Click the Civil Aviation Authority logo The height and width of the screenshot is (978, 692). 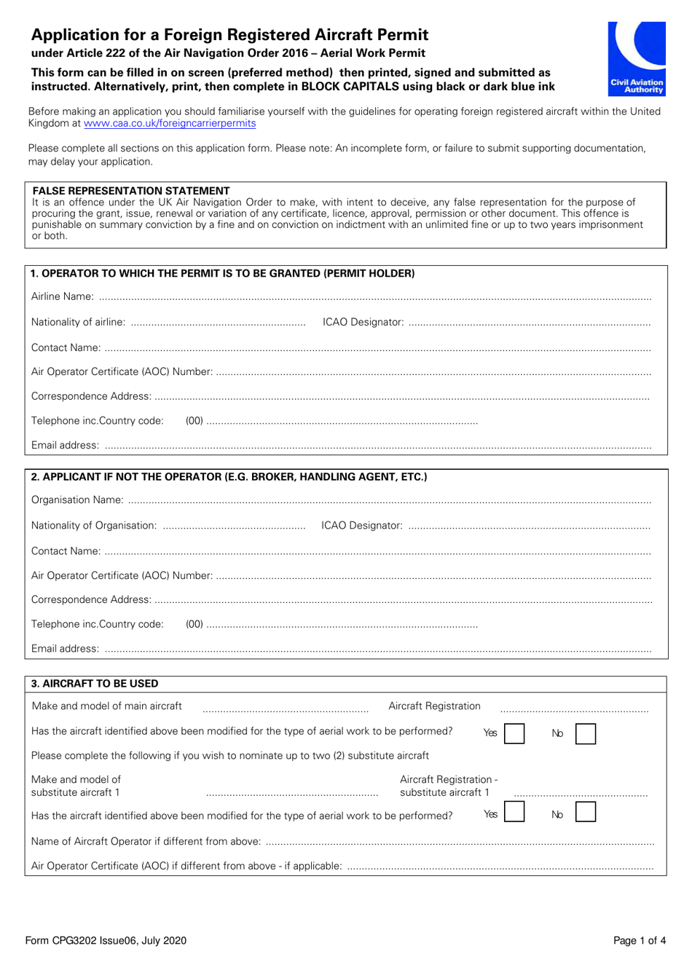(x=637, y=58)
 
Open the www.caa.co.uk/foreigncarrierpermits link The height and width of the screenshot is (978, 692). (x=170, y=124)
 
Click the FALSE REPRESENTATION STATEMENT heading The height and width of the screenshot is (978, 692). (x=131, y=191)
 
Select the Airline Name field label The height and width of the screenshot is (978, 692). (x=62, y=296)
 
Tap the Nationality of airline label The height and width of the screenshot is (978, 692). (x=78, y=322)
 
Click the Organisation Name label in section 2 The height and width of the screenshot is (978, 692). (x=77, y=500)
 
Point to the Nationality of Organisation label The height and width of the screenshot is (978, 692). (x=94, y=525)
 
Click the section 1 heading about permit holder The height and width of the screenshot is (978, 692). (x=223, y=274)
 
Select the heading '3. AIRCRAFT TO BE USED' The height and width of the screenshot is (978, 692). (x=95, y=684)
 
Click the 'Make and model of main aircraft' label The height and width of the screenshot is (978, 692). (x=107, y=706)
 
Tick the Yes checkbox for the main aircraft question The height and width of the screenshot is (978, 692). (x=514, y=733)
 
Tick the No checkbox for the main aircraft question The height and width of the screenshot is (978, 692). (x=585, y=733)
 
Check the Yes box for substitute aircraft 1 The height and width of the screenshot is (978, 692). (x=514, y=812)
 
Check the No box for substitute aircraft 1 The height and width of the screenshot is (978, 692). (x=585, y=812)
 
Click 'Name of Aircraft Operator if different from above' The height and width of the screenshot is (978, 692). (x=146, y=841)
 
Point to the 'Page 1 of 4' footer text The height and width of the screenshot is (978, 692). (x=640, y=940)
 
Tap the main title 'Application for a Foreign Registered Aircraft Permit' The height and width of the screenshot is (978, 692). (x=229, y=35)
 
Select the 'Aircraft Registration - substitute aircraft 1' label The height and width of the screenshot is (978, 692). (x=448, y=786)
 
